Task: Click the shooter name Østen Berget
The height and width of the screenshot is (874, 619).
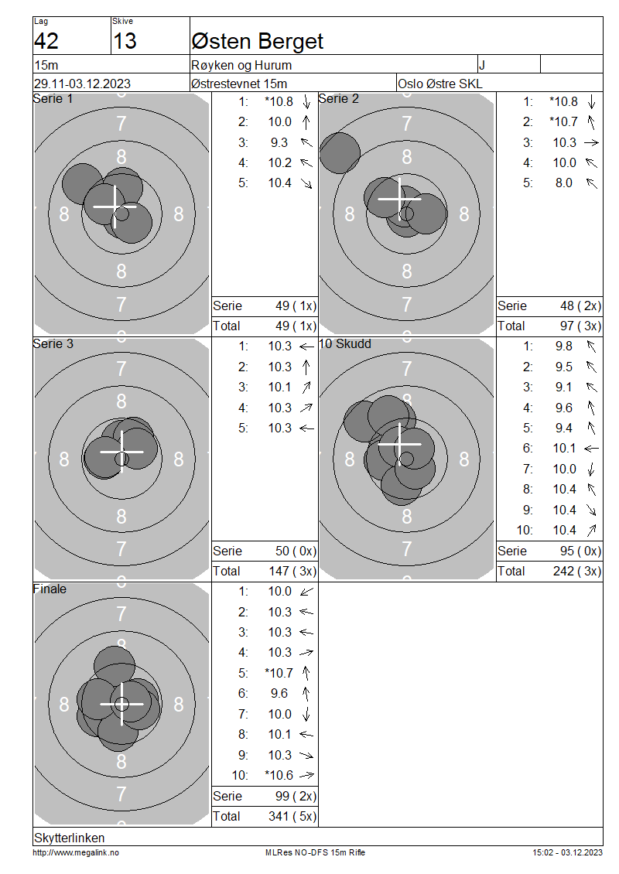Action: (x=257, y=42)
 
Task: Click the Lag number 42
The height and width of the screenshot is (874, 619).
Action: (x=46, y=41)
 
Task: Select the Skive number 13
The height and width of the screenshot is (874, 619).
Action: (x=125, y=41)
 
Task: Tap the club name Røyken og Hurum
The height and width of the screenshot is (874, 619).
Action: (x=241, y=65)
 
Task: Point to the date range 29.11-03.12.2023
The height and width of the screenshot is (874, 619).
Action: (x=83, y=84)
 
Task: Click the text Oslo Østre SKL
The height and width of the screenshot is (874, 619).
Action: (x=440, y=84)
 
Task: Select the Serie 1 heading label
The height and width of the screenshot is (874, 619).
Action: (x=53, y=99)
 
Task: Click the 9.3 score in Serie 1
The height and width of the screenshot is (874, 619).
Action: (x=279, y=142)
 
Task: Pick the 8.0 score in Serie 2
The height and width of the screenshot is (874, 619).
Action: (x=564, y=183)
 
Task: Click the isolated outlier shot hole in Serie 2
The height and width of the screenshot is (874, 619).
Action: (x=340, y=152)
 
